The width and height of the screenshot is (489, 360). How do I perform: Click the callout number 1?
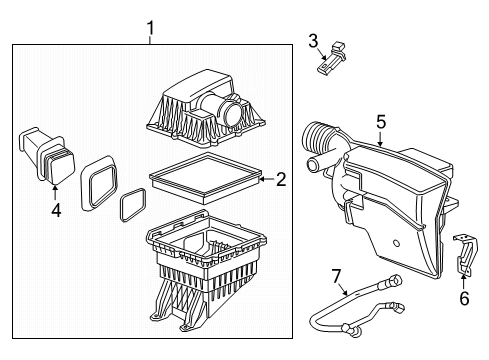[150, 28]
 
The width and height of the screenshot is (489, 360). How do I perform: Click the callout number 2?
[281, 180]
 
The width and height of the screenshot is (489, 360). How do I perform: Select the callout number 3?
[313, 40]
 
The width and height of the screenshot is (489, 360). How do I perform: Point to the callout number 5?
[380, 122]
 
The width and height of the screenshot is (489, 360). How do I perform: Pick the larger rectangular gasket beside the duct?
[100, 180]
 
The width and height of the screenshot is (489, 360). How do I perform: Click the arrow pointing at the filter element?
[263, 180]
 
